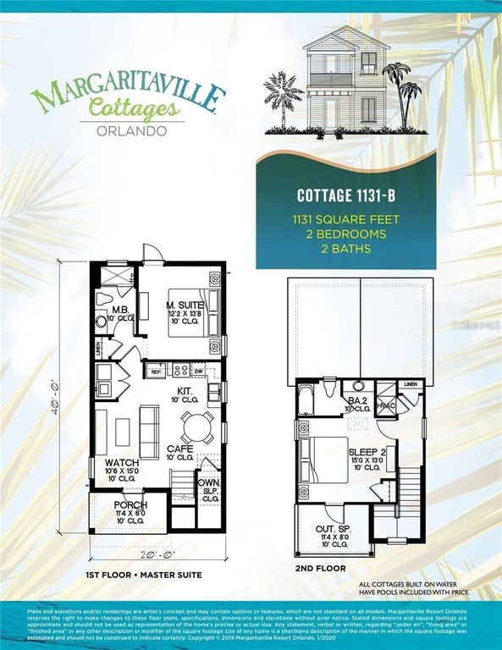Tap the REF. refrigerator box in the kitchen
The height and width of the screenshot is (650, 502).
pos(157,370)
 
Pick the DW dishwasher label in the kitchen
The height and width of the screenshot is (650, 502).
pos(198,370)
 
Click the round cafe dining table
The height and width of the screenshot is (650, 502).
pos(196,425)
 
